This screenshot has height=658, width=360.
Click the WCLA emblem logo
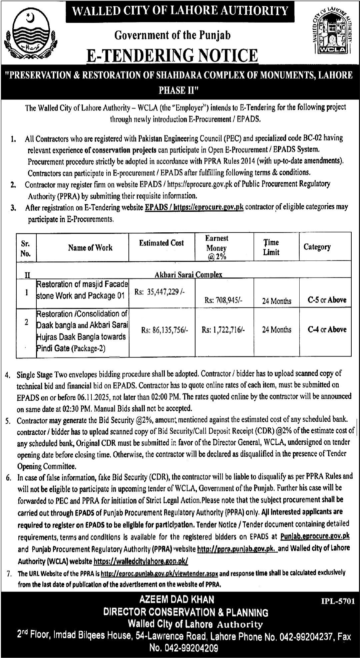[x=333, y=31]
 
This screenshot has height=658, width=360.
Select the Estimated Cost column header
[x=161, y=243]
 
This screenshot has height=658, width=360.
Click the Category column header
[x=317, y=247]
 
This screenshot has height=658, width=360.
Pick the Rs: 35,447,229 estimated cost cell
[x=159, y=292]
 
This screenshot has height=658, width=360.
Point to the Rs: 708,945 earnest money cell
[x=224, y=300]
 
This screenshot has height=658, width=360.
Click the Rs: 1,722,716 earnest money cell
[x=223, y=330]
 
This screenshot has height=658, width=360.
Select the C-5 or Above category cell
[x=327, y=300]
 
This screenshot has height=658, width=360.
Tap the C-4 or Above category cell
[x=327, y=330]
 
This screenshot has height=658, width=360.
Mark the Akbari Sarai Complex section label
[x=188, y=274]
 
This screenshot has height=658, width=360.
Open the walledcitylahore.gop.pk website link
[x=141, y=561]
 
